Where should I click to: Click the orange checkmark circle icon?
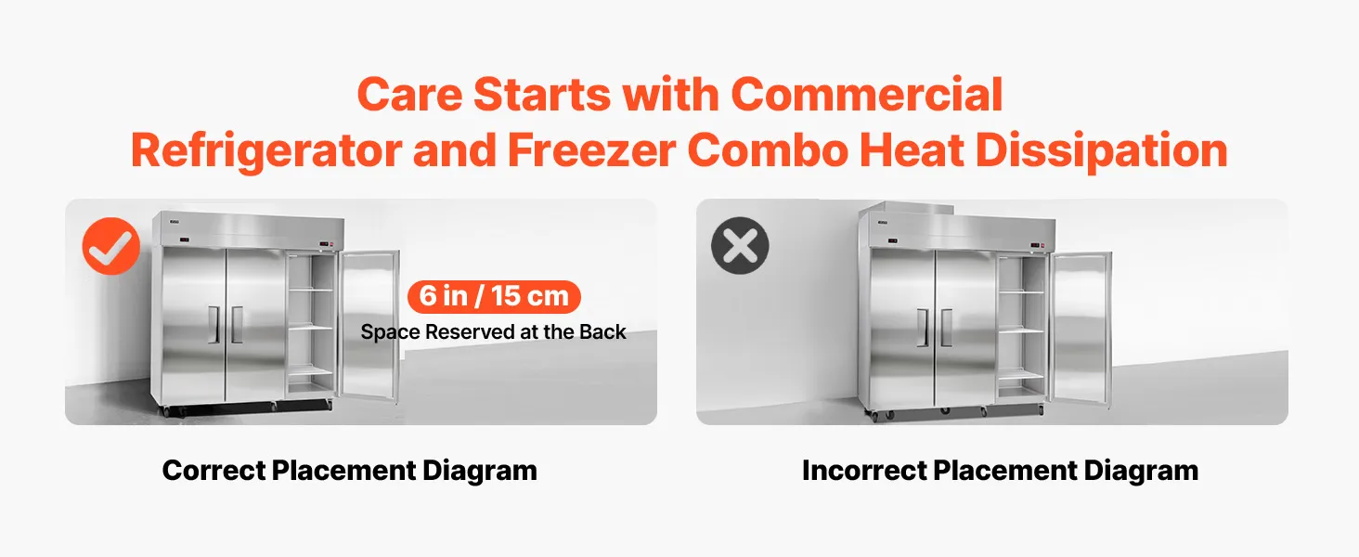(111, 246)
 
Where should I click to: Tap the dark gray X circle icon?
(740, 246)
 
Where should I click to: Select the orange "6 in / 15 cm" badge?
(494, 296)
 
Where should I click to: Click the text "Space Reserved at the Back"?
(493, 332)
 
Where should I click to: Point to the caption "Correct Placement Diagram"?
(349, 471)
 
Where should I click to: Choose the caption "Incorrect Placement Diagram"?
(1000, 471)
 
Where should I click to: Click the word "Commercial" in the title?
(866, 95)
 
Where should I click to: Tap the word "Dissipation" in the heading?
(1102, 150)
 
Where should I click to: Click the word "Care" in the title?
(409, 95)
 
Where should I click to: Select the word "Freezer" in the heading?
(591, 150)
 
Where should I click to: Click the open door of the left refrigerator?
(369, 325)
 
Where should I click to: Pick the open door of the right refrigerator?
(1081, 329)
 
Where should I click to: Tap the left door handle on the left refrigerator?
(214, 325)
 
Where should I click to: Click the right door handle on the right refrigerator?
(946, 328)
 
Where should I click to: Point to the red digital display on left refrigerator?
(184, 242)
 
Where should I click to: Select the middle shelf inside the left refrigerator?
(310, 329)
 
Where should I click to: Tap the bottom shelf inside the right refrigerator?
(1022, 376)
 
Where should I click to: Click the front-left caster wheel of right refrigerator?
(876, 416)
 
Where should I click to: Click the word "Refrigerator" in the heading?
(266, 150)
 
